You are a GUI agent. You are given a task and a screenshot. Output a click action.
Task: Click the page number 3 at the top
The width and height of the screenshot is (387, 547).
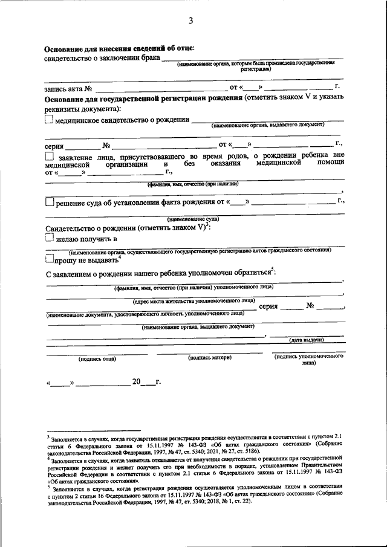coord(190,22)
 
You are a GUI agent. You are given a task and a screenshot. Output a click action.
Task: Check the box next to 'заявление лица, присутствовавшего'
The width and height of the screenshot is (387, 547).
coord(50,157)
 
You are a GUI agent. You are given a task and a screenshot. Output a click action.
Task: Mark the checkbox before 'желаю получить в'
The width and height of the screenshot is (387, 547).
coord(50,239)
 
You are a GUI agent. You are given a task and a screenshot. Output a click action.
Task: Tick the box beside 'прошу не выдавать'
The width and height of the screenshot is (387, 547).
coord(50,260)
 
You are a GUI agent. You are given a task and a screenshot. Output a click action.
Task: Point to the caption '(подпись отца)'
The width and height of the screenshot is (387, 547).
coord(97,359)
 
